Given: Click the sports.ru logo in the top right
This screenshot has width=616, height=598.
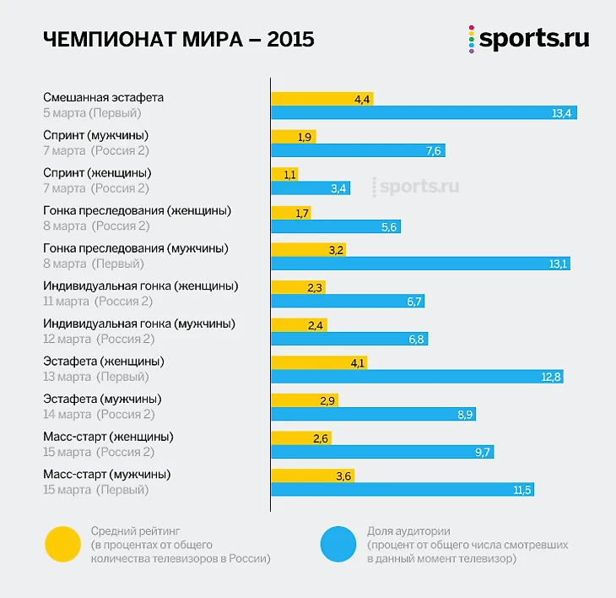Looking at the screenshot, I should point(529,40).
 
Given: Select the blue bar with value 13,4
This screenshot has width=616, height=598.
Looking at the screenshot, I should point(424,113).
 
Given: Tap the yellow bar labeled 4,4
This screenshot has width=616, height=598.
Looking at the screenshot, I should point(322,99).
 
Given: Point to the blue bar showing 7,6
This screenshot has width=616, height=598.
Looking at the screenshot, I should point(358,150).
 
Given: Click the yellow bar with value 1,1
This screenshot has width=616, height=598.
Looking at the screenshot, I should point(284,174).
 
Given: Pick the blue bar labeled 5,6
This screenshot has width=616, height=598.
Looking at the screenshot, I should point(336,226).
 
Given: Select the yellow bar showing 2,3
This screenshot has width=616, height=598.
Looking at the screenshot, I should point(298,287).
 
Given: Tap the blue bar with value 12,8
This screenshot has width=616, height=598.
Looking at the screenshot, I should point(417,377).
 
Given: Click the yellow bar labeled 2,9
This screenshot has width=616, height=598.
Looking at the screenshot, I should point(305,400).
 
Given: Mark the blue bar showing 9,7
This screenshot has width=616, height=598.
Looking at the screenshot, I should point(382,452).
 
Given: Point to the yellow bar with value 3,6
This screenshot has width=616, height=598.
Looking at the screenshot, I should point(312,476).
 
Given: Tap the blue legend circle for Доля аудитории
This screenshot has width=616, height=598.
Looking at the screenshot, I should point(340,545).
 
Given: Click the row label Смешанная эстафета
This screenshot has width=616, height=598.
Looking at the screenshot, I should point(103,97).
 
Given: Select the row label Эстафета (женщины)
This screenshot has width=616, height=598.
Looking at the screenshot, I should point(103,361).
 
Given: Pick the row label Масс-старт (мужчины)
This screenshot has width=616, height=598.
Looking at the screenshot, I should point(106,474).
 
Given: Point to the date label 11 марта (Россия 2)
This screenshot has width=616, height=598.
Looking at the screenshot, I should point(98,301).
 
